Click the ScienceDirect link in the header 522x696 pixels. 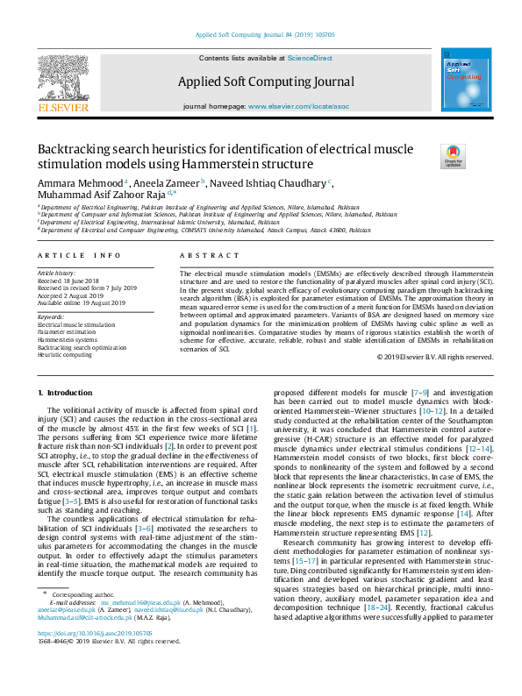311,57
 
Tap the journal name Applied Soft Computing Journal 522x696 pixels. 266,82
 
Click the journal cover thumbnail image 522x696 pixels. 466,80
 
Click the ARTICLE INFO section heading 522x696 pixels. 79,255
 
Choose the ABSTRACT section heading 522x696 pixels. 197,255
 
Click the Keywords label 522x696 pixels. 51,316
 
